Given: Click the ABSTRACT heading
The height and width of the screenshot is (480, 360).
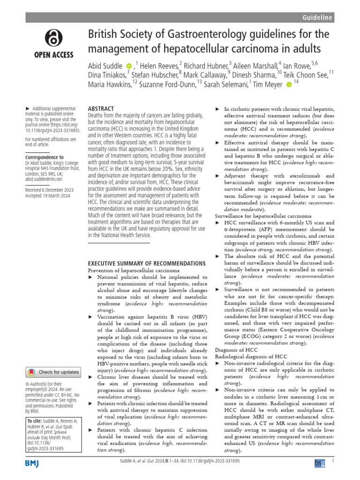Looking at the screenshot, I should pyautogui.click(x=101, y=108).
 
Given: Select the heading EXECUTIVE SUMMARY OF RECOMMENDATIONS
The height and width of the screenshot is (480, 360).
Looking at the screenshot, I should pyautogui.click(x=147, y=263).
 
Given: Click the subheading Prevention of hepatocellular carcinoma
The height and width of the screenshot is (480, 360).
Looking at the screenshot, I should pyautogui.click(x=134, y=271).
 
